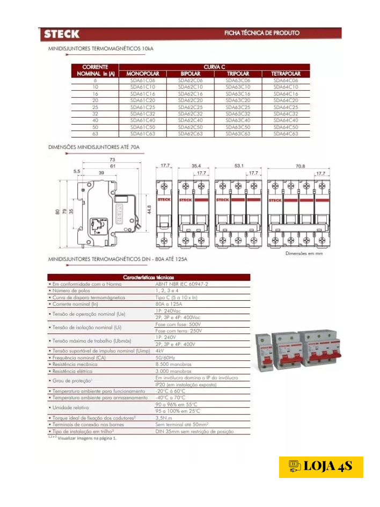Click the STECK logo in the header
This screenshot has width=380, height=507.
(x=62, y=34)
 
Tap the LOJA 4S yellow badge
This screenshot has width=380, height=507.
(x=321, y=467)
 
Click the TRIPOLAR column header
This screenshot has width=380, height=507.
(x=238, y=74)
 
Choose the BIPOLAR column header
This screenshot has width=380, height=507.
(x=191, y=74)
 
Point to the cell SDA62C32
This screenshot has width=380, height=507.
(x=191, y=114)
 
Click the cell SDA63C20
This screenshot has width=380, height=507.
(x=238, y=100)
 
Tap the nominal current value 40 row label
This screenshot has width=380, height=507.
(x=95, y=120)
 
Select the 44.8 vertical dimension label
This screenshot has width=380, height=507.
(x=150, y=208)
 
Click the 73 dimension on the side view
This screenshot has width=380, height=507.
(x=112, y=160)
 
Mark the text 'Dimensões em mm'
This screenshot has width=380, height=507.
(x=304, y=252)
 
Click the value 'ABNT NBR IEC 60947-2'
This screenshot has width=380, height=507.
(x=181, y=283)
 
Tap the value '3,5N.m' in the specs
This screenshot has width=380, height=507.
(x=163, y=417)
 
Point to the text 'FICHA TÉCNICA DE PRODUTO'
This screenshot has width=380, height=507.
(x=262, y=33)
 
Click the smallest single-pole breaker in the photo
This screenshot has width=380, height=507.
(x=263, y=355)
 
